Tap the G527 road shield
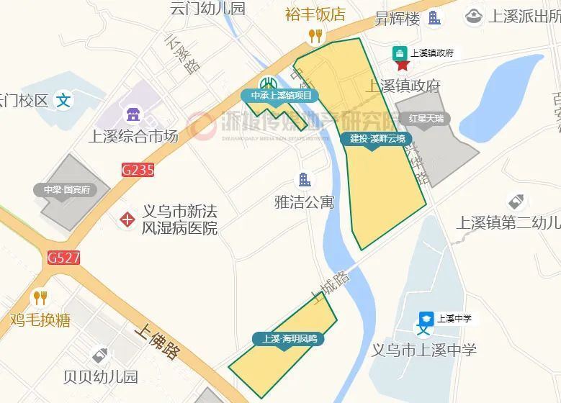click(x=64, y=257)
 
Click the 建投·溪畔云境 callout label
click(x=377, y=138)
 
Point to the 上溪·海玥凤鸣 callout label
click(x=289, y=338)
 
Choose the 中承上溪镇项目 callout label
click(x=282, y=96)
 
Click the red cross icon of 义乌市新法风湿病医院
click(x=127, y=219)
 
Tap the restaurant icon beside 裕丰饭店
click(x=315, y=35)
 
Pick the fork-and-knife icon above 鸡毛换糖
click(x=40, y=297)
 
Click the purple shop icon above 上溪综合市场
click(x=133, y=114)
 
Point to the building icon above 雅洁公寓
click(x=305, y=179)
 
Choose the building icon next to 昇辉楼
click(x=434, y=18)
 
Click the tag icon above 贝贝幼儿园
click(x=100, y=355)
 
